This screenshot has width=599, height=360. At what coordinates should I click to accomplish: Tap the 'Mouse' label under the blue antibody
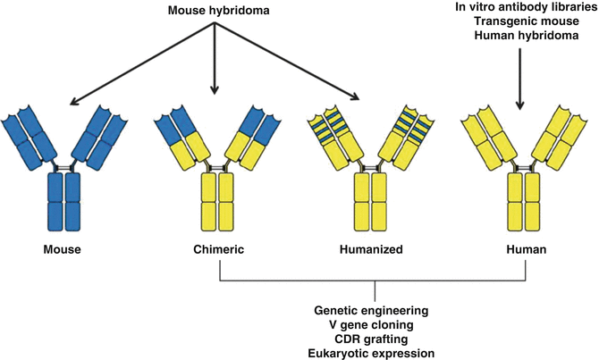pyautogui.click(x=63, y=250)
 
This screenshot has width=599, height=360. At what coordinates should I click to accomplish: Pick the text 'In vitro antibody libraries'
pyautogui.click(x=519, y=8)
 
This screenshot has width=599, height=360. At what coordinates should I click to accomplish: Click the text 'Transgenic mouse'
pyautogui.click(x=519, y=22)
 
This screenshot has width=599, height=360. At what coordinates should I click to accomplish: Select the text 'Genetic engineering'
pyautogui.click(x=372, y=310)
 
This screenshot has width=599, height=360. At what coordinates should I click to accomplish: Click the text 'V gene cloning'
pyautogui.click(x=372, y=324)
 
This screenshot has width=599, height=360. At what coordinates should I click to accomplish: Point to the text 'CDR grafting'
pyautogui.click(x=372, y=339)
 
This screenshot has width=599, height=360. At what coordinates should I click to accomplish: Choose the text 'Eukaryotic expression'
pyautogui.click(x=372, y=353)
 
